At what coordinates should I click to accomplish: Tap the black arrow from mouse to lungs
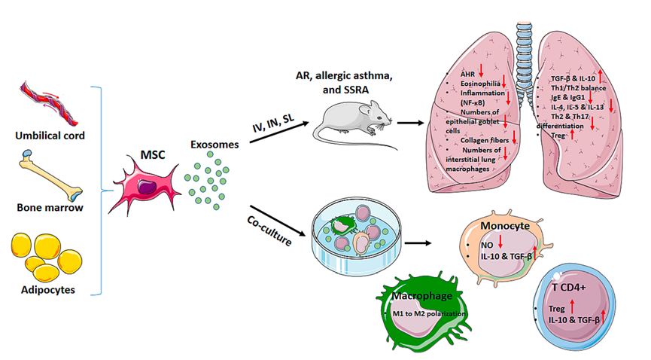411,121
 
